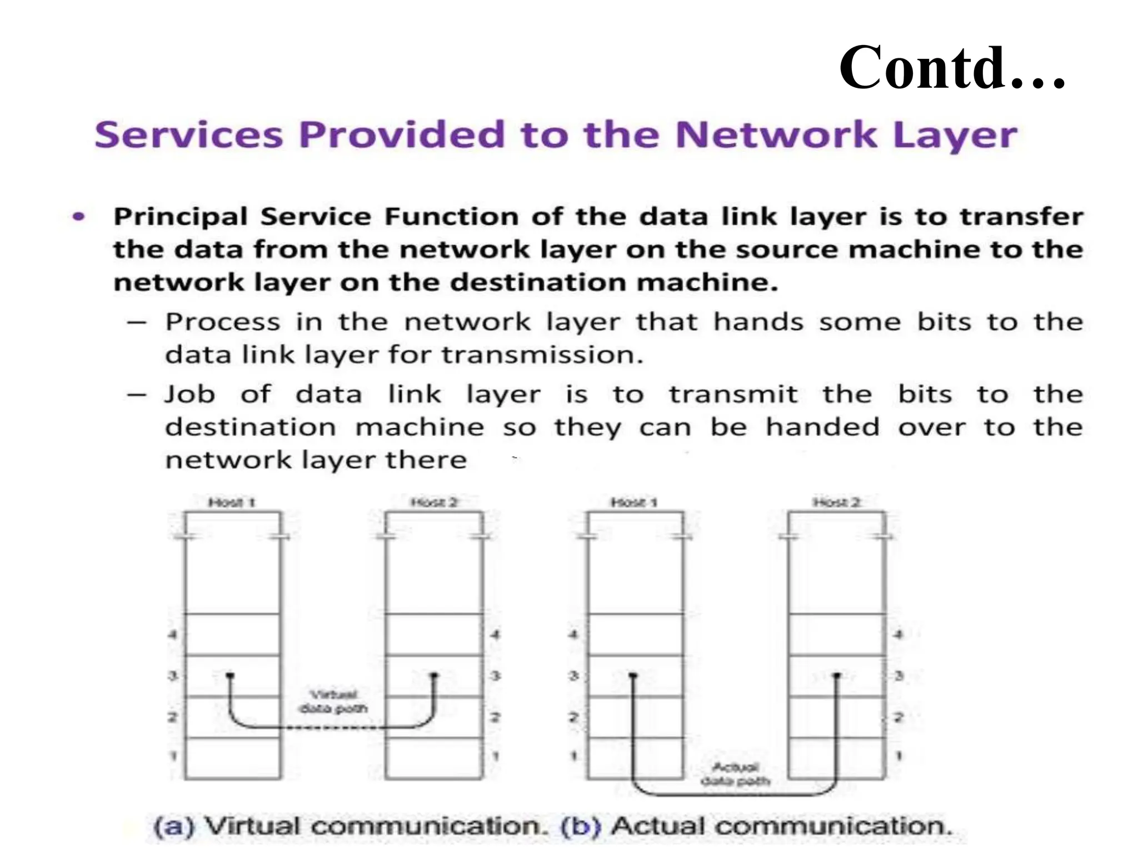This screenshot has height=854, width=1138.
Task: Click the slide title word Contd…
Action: point(951,68)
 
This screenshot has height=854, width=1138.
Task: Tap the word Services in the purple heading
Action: point(188,135)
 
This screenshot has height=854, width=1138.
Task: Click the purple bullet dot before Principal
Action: point(79,216)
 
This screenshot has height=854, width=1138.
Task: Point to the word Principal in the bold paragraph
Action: point(180,217)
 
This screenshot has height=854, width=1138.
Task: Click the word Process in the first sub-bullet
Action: point(222,322)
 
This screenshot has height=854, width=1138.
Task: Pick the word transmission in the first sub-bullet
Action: point(542,355)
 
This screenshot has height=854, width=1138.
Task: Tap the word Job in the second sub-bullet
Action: point(189,395)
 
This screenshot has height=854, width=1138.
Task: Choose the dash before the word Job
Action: point(136,395)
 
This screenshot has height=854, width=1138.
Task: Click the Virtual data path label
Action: point(333,702)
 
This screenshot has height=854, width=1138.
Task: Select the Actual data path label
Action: point(735,774)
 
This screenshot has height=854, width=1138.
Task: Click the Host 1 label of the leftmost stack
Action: point(231,503)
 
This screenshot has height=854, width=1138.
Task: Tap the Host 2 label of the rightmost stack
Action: point(837,503)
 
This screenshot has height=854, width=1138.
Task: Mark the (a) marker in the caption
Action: point(174,826)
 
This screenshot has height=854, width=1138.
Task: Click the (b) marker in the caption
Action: point(581,826)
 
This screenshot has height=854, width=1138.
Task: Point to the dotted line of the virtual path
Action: point(332,727)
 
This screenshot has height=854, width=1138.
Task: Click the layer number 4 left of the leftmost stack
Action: point(173,634)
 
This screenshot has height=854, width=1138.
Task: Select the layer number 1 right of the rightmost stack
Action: point(899,756)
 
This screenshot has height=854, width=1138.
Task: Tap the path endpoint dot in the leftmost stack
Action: point(230,676)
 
